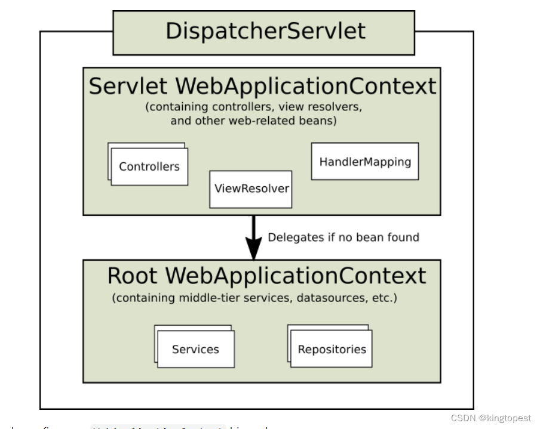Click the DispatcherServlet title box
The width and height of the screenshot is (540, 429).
tap(263, 32)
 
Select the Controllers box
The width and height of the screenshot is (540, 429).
tap(149, 167)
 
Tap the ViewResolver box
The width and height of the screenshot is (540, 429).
tap(251, 189)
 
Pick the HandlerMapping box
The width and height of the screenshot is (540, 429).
tap(365, 162)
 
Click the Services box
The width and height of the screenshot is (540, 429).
tap(195, 350)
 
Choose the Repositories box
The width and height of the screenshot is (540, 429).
tap(332, 350)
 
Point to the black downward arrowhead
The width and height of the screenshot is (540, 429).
tap(254, 247)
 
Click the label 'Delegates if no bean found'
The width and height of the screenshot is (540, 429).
tap(343, 237)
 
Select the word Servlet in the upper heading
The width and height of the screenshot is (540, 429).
tap(128, 87)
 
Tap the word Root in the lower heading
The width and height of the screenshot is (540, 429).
tap(133, 276)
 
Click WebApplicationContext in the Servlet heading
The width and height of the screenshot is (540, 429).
tap(306, 87)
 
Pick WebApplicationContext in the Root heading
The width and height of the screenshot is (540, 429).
tap(296, 276)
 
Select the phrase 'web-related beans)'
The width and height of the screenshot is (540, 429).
tap(287, 121)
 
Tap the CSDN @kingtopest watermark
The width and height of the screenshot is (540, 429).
tap(490, 418)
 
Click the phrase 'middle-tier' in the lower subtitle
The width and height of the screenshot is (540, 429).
tap(207, 298)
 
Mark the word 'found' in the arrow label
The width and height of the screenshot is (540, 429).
tap(404, 237)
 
